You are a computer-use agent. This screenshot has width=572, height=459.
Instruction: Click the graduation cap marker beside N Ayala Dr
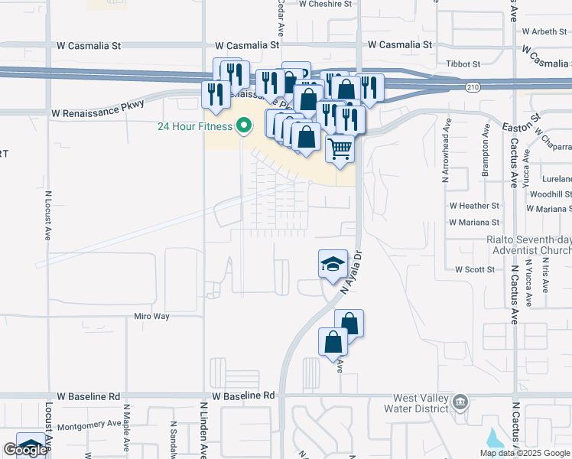[x=333, y=264]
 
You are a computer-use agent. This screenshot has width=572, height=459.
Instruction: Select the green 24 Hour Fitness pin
[x=244, y=125]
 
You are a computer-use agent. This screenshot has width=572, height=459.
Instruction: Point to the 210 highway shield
[x=474, y=88]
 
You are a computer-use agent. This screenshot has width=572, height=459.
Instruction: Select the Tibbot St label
[x=464, y=64]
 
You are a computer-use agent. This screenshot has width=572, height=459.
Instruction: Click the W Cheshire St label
[x=328, y=4]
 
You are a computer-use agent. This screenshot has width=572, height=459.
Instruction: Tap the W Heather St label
[x=474, y=206]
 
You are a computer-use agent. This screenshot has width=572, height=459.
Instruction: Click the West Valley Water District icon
[x=460, y=402]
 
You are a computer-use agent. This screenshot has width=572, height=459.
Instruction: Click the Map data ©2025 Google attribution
[x=525, y=453]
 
